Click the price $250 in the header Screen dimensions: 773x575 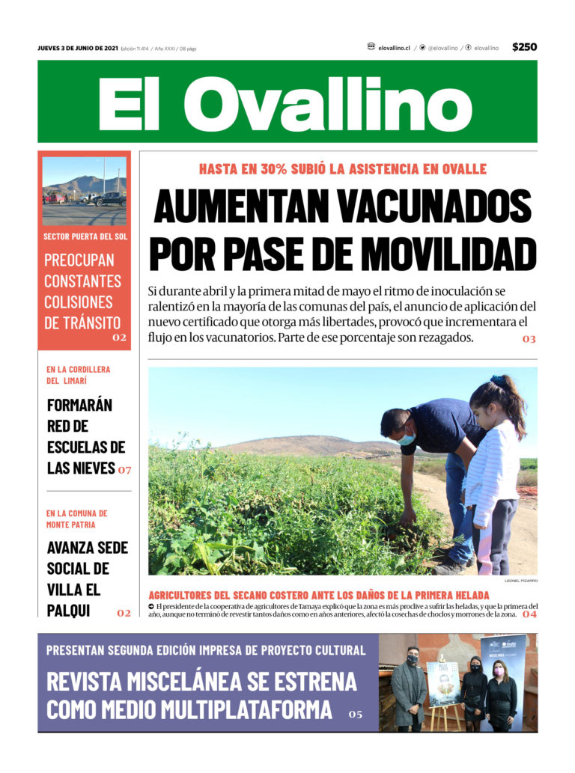(524, 47)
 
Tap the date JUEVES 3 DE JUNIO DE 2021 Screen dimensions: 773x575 (78, 48)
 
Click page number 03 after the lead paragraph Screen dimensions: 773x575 (529, 339)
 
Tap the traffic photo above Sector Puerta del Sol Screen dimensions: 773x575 (84, 191)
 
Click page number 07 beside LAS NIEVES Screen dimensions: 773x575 (124, 471)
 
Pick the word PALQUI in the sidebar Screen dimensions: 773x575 (69, 611)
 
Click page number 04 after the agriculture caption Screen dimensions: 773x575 (529, 614)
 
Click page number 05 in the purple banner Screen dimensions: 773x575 (356, 714)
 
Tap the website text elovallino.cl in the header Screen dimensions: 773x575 (394, 48)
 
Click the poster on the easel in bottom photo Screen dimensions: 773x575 (442, 682)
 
